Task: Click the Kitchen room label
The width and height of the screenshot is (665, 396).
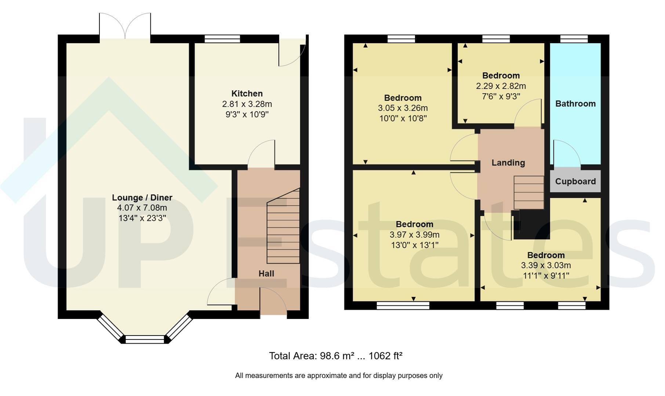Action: point(247,93)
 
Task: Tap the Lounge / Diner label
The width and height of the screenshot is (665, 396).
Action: point(142,198)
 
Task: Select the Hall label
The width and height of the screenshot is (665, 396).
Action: point(266,274)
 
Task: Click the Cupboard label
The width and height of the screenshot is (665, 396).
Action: point(575,181)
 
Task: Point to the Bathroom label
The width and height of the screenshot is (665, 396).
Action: point(575,104)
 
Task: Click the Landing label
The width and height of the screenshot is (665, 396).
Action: point(508,163)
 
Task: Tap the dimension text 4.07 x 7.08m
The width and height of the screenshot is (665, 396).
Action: point(142,208)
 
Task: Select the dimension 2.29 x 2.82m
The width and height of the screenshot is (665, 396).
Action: point(501,86)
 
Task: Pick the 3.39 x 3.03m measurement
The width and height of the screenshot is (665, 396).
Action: point(546,265)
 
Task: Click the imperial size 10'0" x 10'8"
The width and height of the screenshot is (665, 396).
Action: point(403,118)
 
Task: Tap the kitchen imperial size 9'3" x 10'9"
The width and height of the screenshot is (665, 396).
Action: point(247,114)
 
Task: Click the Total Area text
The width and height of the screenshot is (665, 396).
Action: point(336,356)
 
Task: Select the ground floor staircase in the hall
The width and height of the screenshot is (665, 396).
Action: point(283,226)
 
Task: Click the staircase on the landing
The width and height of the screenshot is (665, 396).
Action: point(528,192)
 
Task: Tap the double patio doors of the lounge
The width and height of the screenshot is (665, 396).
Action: point(125,26)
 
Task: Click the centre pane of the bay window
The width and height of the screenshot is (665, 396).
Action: point(145,340)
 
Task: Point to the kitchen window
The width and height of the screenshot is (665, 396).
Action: point(222,39)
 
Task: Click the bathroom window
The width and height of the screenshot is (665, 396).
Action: point(574,39)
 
